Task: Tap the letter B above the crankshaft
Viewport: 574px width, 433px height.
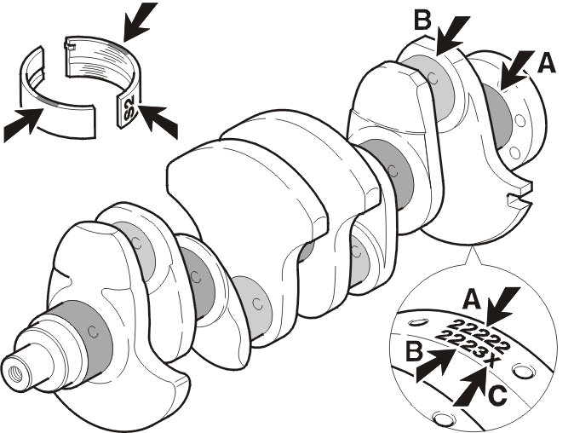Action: tap(422, 20)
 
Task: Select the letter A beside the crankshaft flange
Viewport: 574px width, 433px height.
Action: tap(546, 63)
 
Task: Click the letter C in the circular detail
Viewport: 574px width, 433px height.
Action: tap(497, 395)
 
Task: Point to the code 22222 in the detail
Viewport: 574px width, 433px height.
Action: tap(480, 335)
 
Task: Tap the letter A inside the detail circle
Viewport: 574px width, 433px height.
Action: tap(472, 298)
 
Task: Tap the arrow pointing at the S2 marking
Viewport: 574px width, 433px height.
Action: tap(158, 121)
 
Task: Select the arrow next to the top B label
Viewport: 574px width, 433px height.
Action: tap(452, 35)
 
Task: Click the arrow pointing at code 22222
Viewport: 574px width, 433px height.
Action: tap(503, 306)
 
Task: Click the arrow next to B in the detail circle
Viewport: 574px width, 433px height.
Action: tap(436, 365)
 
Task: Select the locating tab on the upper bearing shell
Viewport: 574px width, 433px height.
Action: tap(71, 46)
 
